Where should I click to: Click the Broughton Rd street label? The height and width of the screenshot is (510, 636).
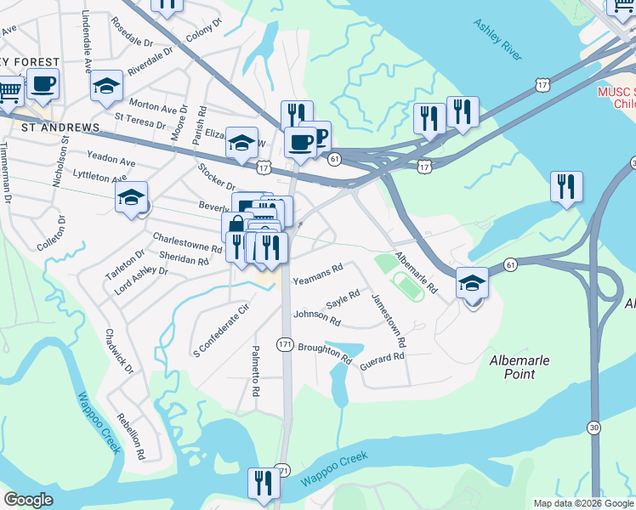(325, 354)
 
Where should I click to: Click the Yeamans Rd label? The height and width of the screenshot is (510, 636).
(317, 273)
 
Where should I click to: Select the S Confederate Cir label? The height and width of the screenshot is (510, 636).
(219, 327)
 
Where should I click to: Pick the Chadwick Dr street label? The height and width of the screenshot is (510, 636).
(118, 352)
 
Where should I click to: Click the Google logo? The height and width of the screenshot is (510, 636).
(28, 500)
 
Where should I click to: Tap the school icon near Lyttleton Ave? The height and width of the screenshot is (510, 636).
(132, 198)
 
